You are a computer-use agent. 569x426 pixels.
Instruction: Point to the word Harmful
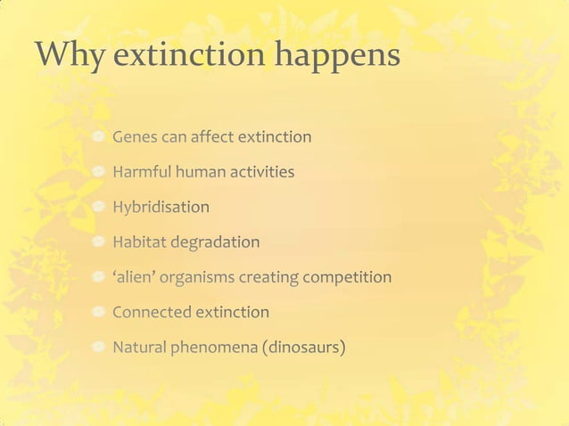140,172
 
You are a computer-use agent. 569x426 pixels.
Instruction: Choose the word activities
261,172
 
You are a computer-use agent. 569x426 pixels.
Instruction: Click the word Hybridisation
161,208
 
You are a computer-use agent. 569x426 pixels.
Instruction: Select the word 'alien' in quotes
135,277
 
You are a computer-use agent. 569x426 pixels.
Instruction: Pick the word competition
347,277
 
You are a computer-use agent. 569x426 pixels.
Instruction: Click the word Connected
152,312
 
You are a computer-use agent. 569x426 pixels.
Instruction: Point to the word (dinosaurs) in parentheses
303,348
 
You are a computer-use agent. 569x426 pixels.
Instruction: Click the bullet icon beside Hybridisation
99,207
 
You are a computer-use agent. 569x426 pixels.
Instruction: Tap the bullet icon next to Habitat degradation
99,242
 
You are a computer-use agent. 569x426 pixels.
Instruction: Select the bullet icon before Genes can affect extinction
99,137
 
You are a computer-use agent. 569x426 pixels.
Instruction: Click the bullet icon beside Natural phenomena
99,347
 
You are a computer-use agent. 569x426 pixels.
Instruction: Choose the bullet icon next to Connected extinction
99,312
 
